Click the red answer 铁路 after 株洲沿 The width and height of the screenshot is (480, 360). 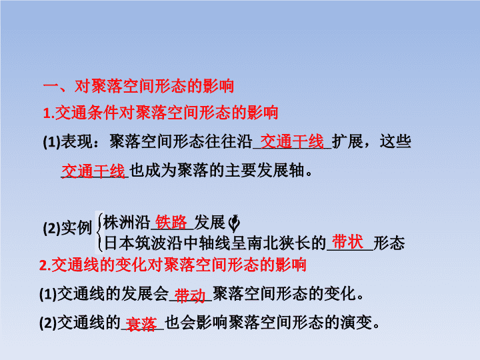[171, 222]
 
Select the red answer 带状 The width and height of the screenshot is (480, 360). [348, 242]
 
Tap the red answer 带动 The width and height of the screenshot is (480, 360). [190, 296]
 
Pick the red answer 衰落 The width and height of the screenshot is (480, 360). [141, 324]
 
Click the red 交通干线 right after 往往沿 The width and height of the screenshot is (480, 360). [292, 141]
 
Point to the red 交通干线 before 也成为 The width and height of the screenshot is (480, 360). [93, 171]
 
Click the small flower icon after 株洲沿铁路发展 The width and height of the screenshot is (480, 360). [234, 223]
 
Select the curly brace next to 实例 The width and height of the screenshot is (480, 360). [99, 232]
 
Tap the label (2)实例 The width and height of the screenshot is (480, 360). [67, 228]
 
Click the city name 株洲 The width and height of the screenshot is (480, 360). [119, 222]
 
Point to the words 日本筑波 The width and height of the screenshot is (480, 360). [135, 243]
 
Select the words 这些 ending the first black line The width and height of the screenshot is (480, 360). [395, 141]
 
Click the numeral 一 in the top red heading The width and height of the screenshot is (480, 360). [51, 85]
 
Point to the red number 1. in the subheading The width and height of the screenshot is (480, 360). [49, 113]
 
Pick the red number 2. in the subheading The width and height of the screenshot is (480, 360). [45, 265]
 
